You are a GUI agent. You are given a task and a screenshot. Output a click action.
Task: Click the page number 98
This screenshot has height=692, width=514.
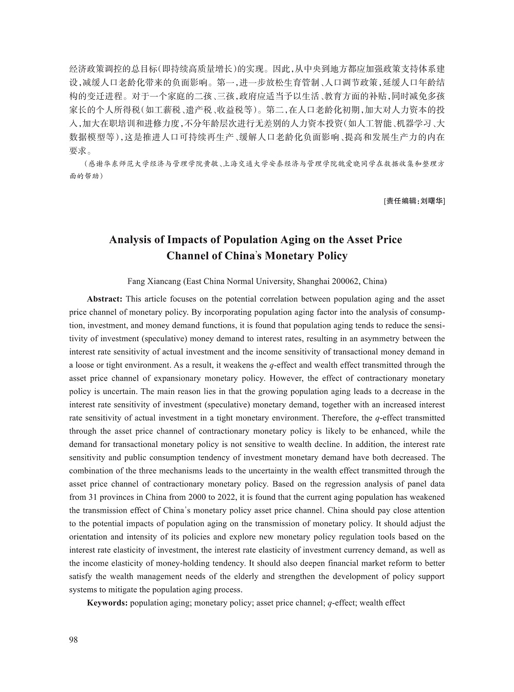coord(73,640)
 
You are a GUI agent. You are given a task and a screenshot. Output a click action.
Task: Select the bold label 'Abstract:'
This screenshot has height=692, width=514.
coord(104,299)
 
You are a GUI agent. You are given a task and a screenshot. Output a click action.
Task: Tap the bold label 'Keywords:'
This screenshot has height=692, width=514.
coord(107,603)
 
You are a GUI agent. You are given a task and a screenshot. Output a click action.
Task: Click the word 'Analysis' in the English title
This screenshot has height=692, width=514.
coord(129,240)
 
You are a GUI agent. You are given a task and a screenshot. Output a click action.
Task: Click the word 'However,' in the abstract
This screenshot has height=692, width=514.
coord(290,378)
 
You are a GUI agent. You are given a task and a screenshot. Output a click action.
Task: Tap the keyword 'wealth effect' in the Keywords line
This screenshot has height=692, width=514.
coord(382,603)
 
